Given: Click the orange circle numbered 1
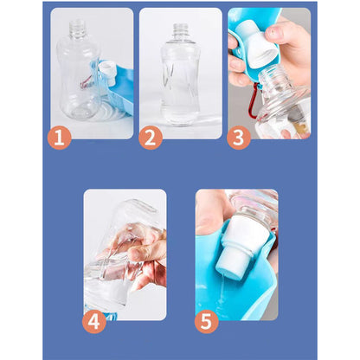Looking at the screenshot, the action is click(x=59, y=138).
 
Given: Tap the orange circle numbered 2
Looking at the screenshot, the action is click(x=150, y=138).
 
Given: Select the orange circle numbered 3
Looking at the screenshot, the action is click(x=239, y=138).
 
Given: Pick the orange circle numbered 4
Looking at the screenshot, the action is click(x=94, y=321).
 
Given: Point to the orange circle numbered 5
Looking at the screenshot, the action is click(x=206, y=321).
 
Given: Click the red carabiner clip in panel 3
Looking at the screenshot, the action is click(x=253, y=100).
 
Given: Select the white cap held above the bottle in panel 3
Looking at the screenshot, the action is click(x=257, y=44).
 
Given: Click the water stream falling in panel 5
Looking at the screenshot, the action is click(x=221, y=292).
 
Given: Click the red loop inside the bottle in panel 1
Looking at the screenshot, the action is click(x=86, y=82).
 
